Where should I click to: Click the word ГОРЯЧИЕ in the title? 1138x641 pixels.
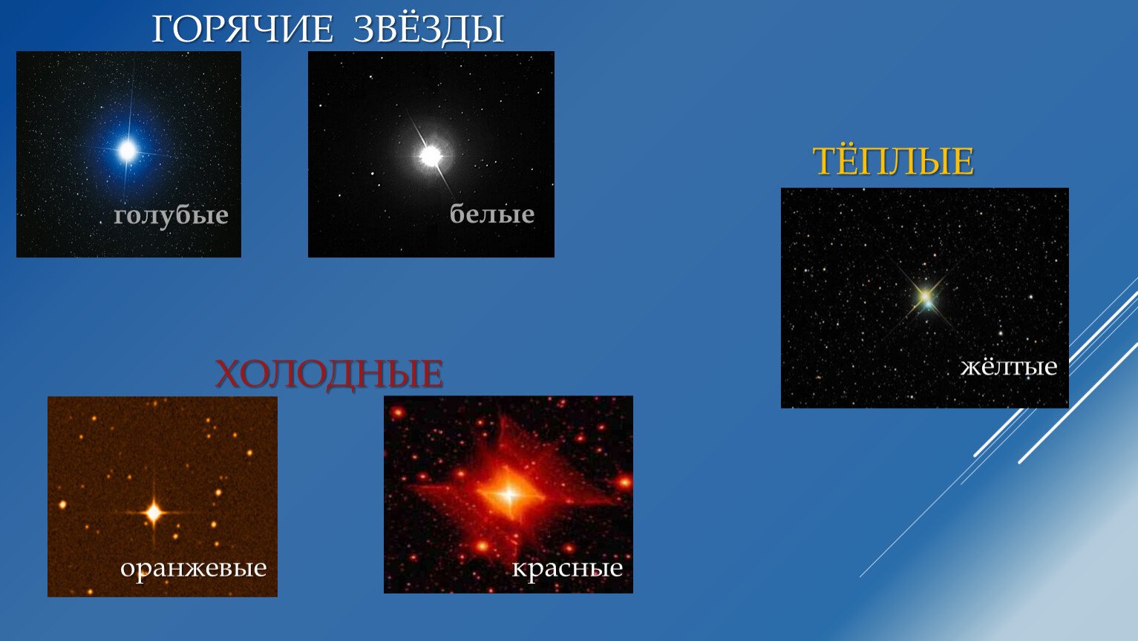[x=242, y=30]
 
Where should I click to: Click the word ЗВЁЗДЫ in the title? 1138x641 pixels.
[x=428, y=30]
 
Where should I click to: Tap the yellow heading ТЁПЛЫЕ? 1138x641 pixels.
[x=892, y=161]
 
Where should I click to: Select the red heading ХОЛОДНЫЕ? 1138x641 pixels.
[x=329, y=374]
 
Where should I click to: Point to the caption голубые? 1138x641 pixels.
[x=171, y=215]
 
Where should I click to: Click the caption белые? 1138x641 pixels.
[x=491, y=214]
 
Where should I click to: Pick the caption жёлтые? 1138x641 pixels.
[x=1008, y=366]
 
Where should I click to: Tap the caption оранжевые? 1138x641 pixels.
[x=193, y=568]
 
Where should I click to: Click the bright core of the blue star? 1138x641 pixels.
[x=127, y=151]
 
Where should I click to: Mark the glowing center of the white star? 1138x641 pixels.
[x=431, y=157]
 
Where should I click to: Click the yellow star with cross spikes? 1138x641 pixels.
[x=926, y=297]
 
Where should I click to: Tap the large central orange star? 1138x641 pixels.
[x=154, y=513]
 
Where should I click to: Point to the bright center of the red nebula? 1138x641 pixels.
[x=508, y=493]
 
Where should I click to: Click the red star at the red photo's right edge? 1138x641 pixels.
[x=624, y=481]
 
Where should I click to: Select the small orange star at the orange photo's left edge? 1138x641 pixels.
[x=62, y=505]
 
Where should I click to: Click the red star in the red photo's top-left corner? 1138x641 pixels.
[x=397, y=412]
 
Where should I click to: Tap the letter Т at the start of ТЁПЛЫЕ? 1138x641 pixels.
[x=823, y=162]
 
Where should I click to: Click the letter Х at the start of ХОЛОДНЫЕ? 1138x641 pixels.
[x=229, y=374]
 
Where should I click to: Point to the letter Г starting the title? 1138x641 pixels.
[x=163, y=30]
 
